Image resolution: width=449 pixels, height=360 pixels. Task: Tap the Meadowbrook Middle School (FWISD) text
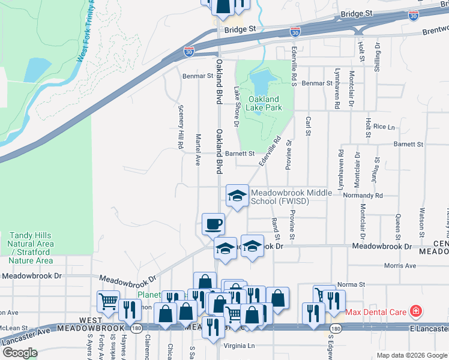[x=280, y=197]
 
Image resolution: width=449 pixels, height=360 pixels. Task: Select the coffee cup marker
[x=213, y=224]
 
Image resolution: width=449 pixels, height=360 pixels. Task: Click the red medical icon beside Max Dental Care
[x=415, y=311]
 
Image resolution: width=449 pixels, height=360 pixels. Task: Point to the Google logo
[x=19, y=353]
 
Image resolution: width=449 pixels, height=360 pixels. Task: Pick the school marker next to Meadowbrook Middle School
[x=237, y=195]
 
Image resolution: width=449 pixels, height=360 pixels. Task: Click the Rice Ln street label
[x=384, y=127]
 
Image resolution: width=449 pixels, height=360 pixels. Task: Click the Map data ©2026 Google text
[x=412, y=355]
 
